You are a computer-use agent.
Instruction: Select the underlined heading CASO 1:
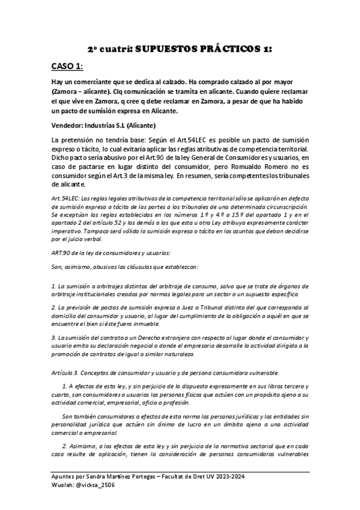[x=67, y=66]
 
